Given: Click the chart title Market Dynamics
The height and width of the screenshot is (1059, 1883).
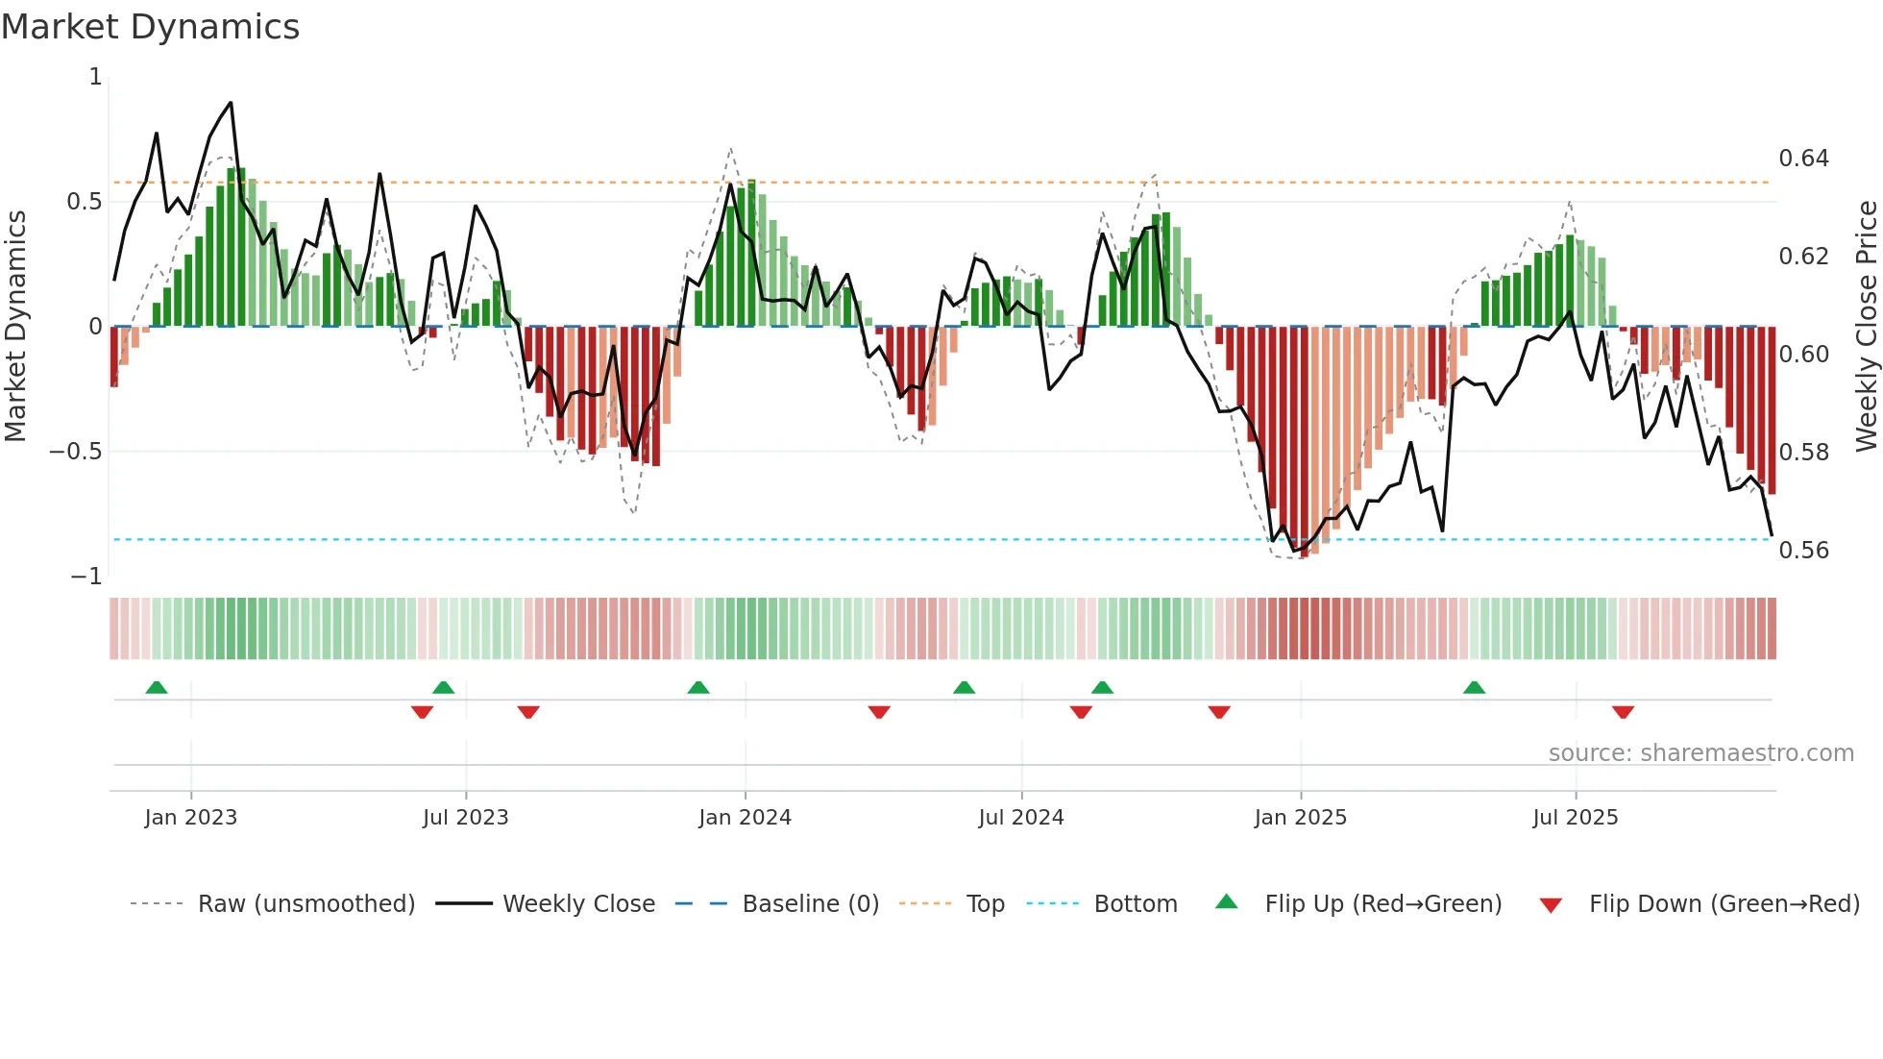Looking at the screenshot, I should click(150, 27).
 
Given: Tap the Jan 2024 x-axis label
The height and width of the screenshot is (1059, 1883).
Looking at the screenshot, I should click(745, 818).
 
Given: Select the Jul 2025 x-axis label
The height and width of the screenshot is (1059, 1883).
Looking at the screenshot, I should click(1575, 818).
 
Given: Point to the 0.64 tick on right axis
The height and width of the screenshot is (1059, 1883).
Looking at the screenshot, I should click(1803, 159).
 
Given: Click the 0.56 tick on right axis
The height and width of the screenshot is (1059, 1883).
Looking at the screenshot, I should click(1803, 551).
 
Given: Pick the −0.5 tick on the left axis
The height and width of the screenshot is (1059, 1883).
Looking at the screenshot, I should click(75, 452).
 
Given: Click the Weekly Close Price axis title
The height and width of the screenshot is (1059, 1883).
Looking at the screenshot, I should click(1866, 326).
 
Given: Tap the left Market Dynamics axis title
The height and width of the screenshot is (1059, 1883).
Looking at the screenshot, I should click(15, 326).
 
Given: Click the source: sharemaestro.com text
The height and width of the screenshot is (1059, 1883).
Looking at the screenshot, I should click(1700, 753).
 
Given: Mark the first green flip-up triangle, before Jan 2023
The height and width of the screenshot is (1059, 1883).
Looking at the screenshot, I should click(157, 687).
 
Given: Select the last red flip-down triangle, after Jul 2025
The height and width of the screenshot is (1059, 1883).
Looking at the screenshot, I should click(1623, 712).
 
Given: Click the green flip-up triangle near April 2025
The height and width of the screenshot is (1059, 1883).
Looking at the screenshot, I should click(1474, 687).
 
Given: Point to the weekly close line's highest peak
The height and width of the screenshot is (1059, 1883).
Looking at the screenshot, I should click(231, 103).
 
